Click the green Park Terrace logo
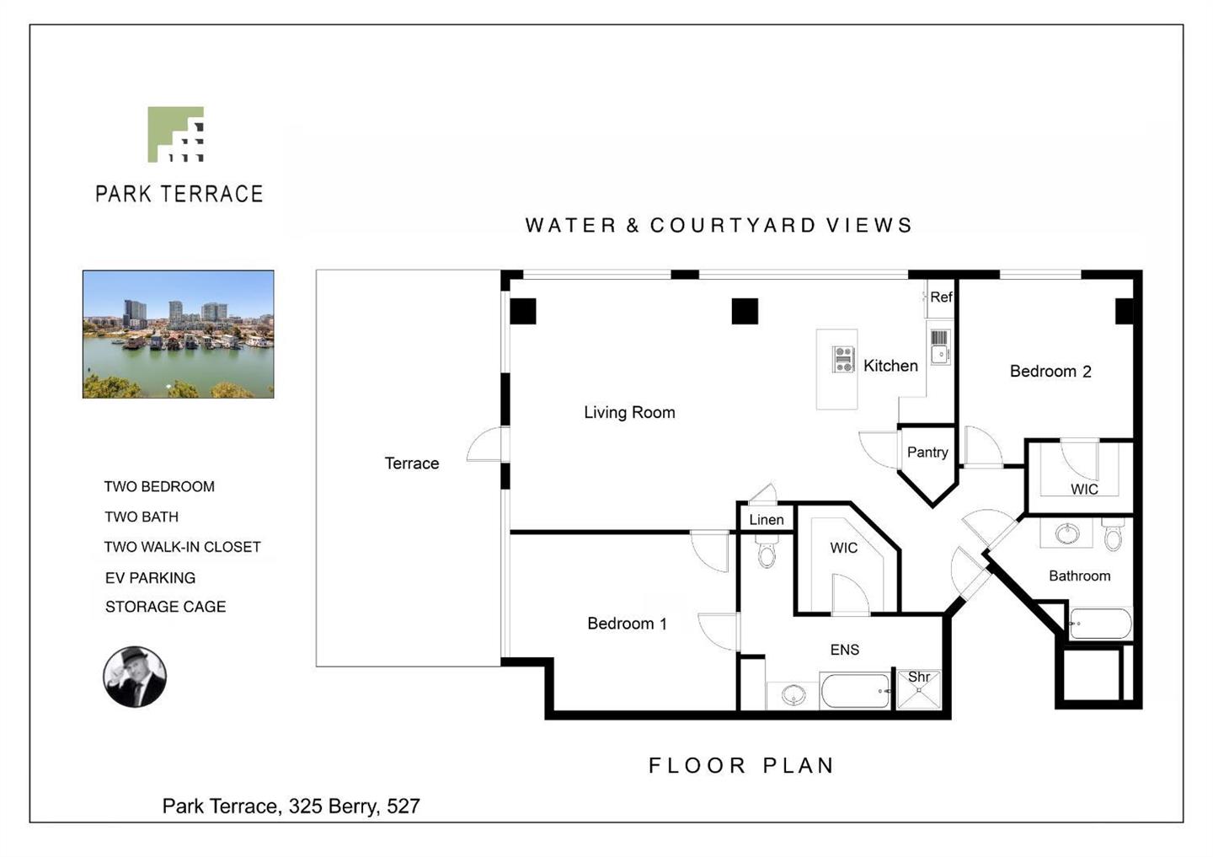click(x=175, y=134)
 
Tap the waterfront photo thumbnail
click(x=179, y=335)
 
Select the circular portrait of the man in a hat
click(x=135, y=677)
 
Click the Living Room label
click(x=629, y=412)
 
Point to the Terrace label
click(x=412, y=463)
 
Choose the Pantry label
click(x=927, y=452)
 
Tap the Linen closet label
click(x=767, y=519)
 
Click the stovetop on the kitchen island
click(x=843, y=360)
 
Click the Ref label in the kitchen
click(x=941, y=297)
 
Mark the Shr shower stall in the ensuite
click(x=919, y=689)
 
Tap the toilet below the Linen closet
click(x=767, y=551)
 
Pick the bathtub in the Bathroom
click(x=1101, y=624)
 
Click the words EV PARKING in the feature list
click(x=150, y=578)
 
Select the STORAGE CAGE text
click(x=165, y=607)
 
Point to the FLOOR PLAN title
click(x=740, y=765)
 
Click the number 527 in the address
click(x=403, y=806)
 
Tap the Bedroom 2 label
click(x=1050, y=371)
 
